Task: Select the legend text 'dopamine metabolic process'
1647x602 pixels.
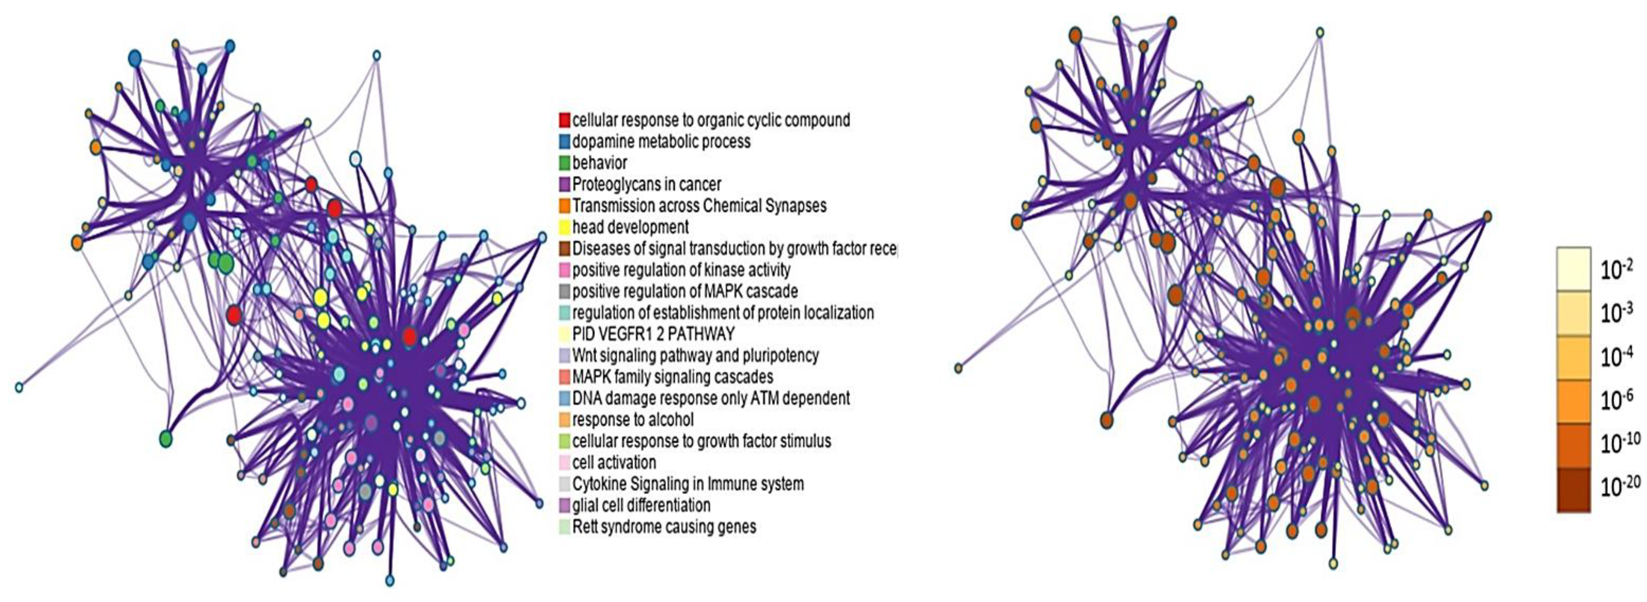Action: (x=661, y=141)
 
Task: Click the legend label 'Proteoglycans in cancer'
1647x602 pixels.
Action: (x=647, y=184)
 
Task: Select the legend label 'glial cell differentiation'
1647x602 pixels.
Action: (x=641, y=505)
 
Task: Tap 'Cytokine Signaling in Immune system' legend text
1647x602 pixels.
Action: (x=688, y=483)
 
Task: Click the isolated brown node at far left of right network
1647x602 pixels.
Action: (x=958, y=368)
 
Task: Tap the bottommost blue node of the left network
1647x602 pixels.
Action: (x=390, y=581)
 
